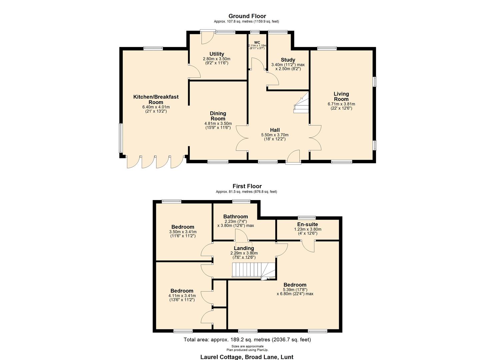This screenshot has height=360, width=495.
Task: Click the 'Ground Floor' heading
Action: tap(247, 16)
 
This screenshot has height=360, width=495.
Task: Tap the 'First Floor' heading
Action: tap(247, 186)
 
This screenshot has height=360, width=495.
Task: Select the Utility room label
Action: tap(217, 54)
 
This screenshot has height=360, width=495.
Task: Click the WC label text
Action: tap(257, 42)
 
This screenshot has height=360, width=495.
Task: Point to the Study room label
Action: tap(288, 60)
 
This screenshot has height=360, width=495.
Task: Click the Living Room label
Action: tap(341, 96)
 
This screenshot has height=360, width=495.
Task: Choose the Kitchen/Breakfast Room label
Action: tap(156, 99)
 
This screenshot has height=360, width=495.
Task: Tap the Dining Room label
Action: tap(218, 116)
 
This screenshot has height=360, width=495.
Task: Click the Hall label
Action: tap(275, 130)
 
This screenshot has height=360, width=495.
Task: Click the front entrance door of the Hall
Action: tap(293, 157)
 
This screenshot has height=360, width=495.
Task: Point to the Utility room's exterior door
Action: tap(206, 37)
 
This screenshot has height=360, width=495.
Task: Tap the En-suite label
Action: tap(307, 224)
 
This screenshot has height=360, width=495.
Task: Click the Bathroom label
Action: tap(235, 217)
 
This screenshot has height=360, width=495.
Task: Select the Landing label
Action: tap(244, 248)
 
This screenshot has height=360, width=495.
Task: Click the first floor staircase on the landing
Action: tap(253, 270)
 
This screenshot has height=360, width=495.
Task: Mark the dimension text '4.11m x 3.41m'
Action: tap(182, 296)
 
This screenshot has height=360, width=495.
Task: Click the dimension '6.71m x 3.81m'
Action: tap(341, 104)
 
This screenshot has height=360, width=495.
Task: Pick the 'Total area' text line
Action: tap(247, 340)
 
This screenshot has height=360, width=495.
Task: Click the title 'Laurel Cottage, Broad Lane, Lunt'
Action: tap(247, 357)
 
